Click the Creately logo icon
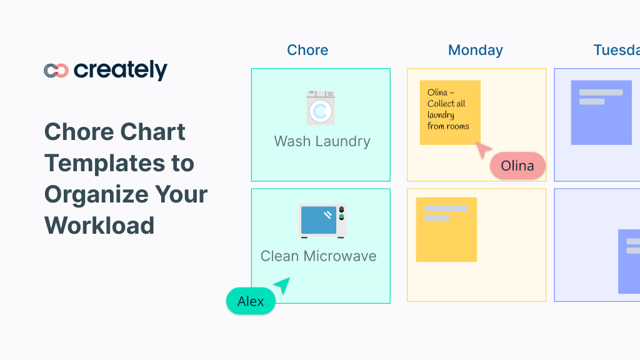click(x=56, y=71)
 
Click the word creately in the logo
click(x=121, y=71)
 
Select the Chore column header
click(x=307, y=50)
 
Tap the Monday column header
click(x=475, y=50)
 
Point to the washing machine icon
click(x=321, y=108)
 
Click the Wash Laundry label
click(x=322, y=141)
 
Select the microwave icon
click(x=322, y=221)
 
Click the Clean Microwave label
click(x=318, y=256)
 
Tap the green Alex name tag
click(x=251, y=301)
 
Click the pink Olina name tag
click(x=517, y=166)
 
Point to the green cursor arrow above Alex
click(x=282, y=285)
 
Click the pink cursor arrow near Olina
click(x=483, y=150)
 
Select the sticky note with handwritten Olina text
click(x=450, y=112)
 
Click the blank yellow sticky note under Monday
click(x=446, y=229)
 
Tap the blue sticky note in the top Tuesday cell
click(x=601, y=112)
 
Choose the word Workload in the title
click(x=99, y=225)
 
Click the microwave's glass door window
click(x=319, y=220)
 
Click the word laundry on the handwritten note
click(x=441, y=115)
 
